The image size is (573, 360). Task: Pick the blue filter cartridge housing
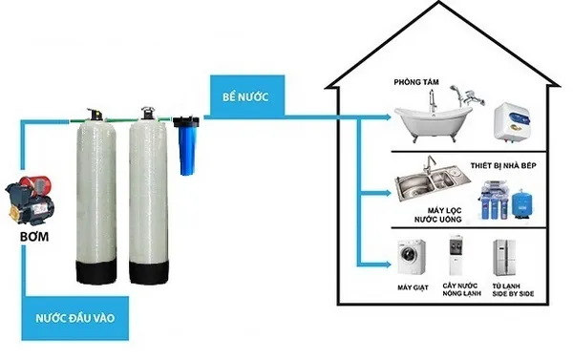tap(185, 145)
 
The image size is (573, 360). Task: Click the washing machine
tap(413, 257)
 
